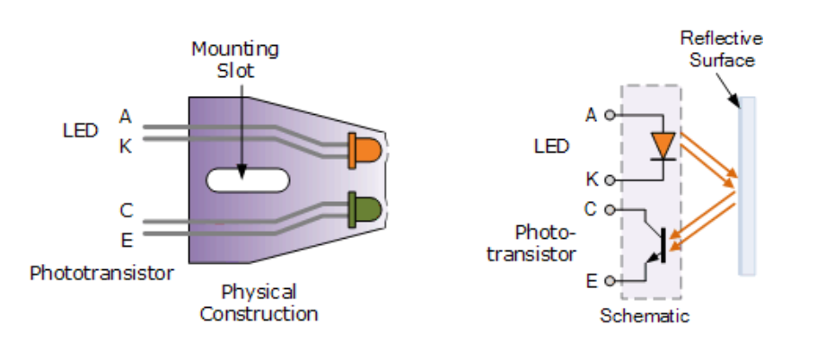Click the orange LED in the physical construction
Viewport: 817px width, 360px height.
tap(365, 151)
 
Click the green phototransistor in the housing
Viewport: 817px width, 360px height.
tap(365, 209)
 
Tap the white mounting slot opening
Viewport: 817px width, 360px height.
tap(248, 180)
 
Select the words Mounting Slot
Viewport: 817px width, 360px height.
tap(235, 59)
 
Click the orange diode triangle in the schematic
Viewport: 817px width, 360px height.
tap(663, 145)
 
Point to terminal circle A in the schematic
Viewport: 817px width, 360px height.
tap(609, 115)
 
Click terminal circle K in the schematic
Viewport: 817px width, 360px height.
tap(609, 180)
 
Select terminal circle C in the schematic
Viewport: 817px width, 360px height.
tap(609, 210)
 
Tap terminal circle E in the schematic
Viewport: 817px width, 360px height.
tap(609, 281)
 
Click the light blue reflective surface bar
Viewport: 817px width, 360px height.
tap(747, 186)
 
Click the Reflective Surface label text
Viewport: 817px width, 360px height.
tap(722, 49)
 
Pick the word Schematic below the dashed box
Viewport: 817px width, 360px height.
tap(645, 316)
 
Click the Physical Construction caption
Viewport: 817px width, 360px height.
tap(259, 303)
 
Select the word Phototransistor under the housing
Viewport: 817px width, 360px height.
tap(101, 273)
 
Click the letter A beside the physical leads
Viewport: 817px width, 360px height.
tap(125, 117)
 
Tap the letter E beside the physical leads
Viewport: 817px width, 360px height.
tap(127, 241)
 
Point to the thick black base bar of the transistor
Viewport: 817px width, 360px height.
tap(663, 245)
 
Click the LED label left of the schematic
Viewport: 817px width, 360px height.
tap(552, 146)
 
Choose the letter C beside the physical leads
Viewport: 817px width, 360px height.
tap(127, 210)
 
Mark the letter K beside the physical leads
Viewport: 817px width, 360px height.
tap(126, 146)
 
